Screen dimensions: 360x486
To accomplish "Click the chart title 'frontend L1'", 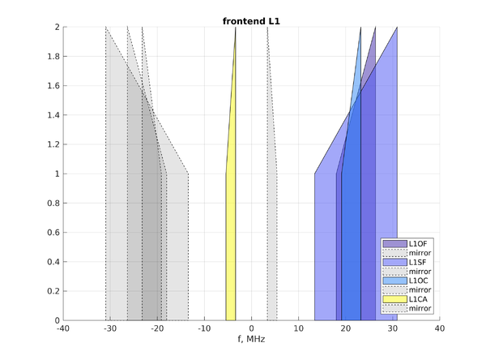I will pos(251,19).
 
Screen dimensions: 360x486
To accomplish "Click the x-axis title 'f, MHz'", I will pos(251,339).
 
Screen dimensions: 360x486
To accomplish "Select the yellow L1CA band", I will pos(231,243).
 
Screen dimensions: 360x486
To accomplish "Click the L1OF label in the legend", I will pos(419,244).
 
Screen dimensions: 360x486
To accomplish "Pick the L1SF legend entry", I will pos(419,263).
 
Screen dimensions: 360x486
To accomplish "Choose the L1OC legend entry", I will pos(419,281).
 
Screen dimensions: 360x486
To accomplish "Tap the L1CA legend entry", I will pos(419,299).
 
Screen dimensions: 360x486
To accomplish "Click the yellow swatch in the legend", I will pos(395,299).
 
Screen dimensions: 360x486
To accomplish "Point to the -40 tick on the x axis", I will pos(63,328).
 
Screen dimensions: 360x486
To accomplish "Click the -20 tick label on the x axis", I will pos(157,328).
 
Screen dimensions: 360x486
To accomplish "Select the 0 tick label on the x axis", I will pos(251,328).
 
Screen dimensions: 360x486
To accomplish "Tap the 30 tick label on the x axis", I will pos(393,328).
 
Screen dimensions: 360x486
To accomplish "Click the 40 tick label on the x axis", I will pos(440,328).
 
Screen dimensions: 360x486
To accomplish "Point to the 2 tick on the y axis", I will pos(57,27).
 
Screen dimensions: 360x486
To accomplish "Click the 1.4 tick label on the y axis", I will pos(52,115).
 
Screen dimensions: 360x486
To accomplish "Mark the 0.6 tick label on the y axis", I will pos(52,233).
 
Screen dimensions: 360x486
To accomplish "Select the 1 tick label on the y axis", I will pos(57,174).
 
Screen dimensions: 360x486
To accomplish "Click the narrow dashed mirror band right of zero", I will pos(272,243).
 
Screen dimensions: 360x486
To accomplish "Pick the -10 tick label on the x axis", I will pos(204,328).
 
